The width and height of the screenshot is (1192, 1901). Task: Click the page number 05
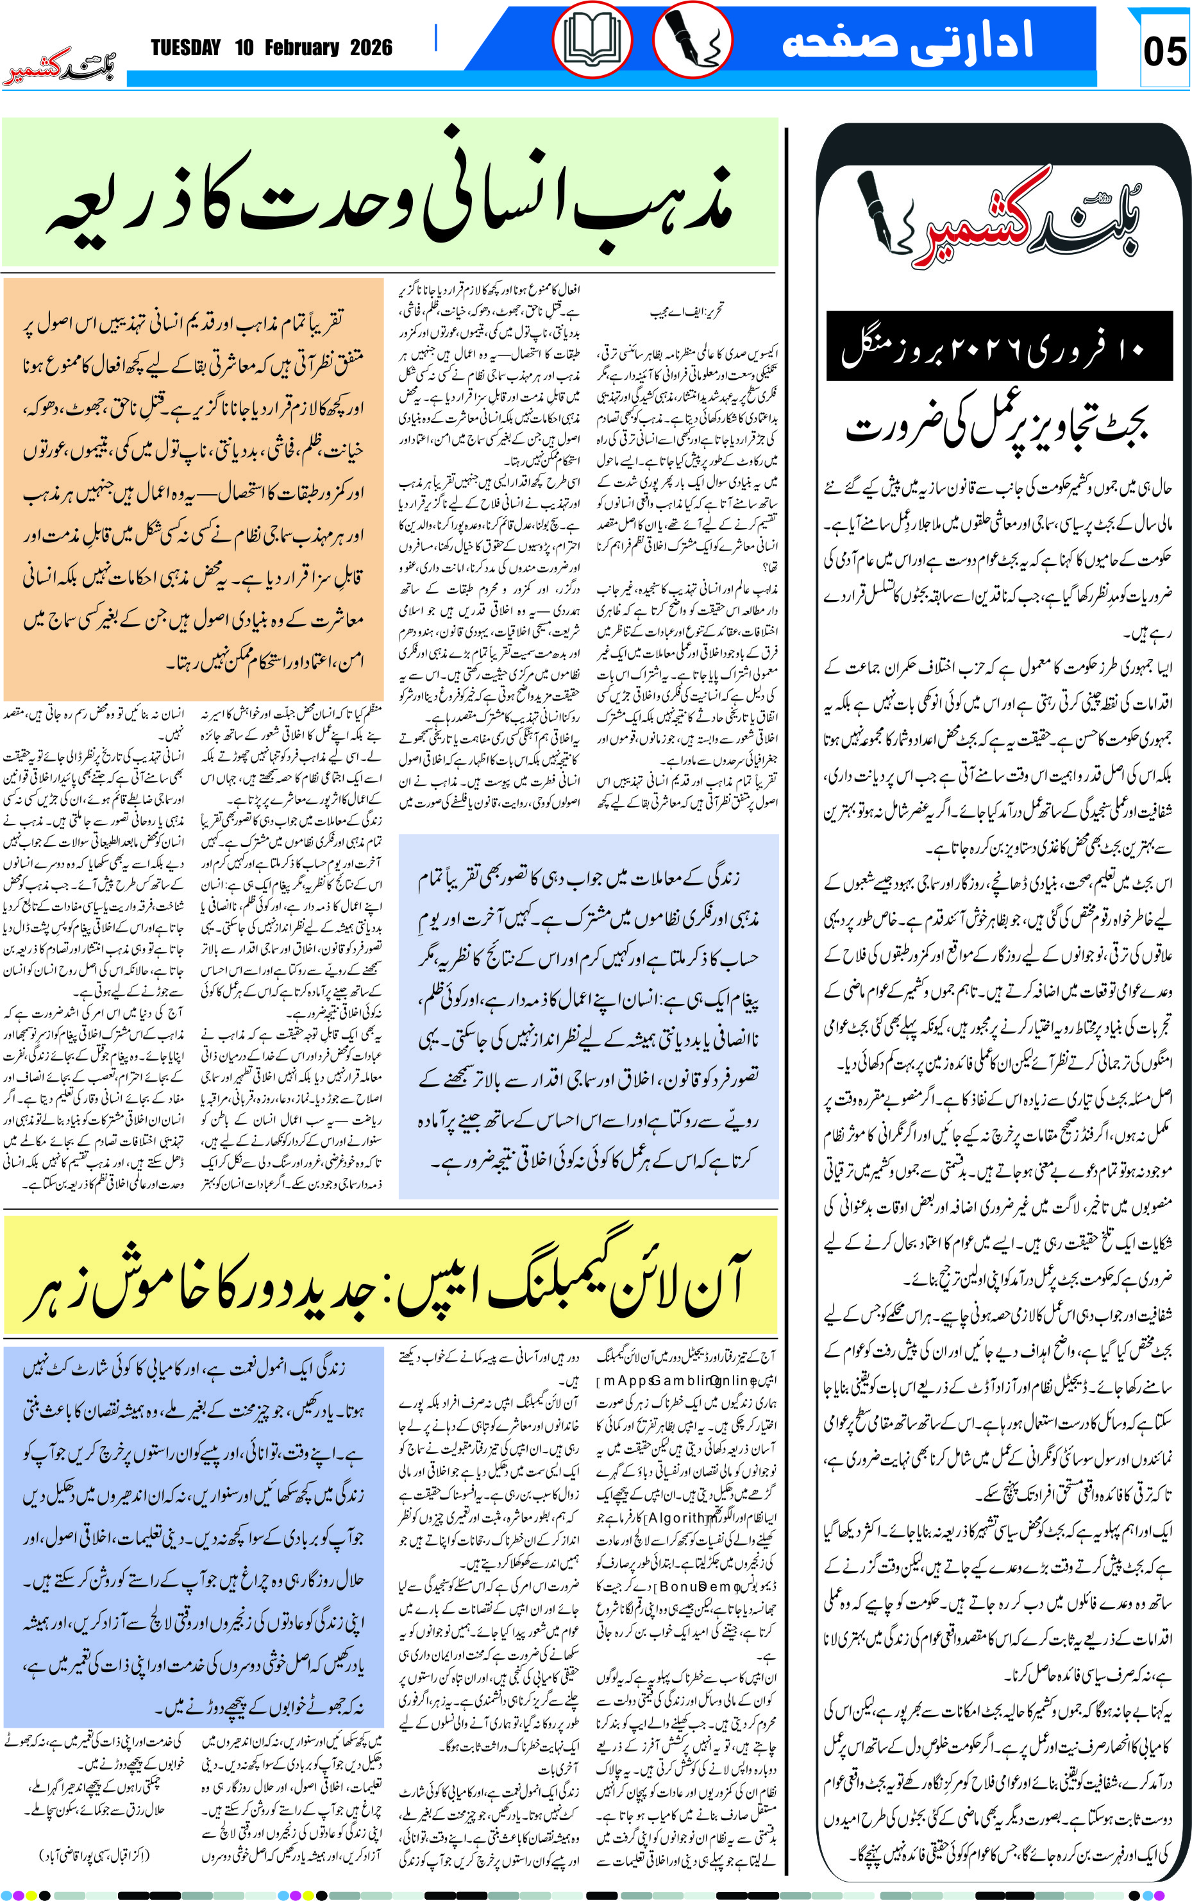(1164, 51)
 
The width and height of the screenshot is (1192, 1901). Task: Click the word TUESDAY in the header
(185, 48)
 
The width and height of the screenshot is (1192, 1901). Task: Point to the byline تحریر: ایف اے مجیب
(686, 312)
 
